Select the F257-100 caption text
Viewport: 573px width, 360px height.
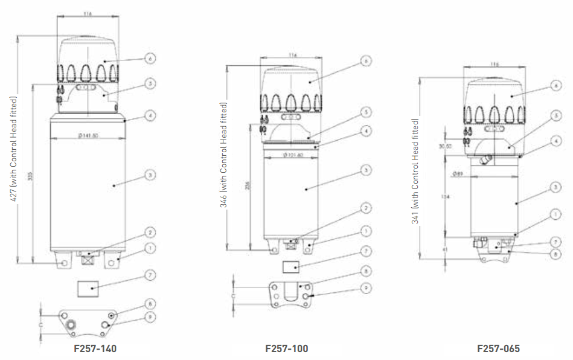coord(287,349)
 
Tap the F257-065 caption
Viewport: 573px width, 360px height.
coord(498,349)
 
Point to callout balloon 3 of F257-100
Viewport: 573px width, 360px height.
coord(365,171)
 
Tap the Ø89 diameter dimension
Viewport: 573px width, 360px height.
coord(458,174)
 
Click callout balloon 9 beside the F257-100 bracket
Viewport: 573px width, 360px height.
coord(365,288)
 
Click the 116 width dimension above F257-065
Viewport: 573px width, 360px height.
coord(496,64)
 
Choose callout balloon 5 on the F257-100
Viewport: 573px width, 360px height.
coord(365,112)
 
